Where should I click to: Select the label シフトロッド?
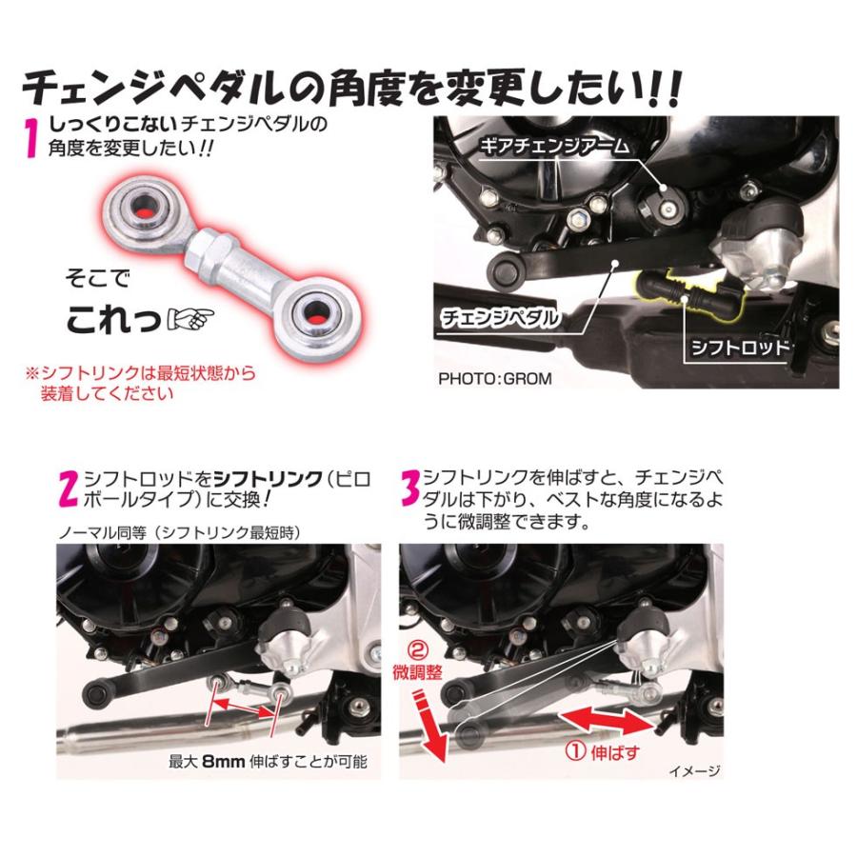pyautogui.click(x=739, y=347)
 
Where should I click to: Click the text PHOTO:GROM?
pyautogui.click(x=495, y=378)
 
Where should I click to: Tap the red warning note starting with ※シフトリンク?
pyautogui.click(x=141, y=383)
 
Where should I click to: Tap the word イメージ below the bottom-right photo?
pyautogui.click(x=692, y=771)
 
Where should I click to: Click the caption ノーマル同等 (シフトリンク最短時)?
pyautogui.click(x=181, y=532)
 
